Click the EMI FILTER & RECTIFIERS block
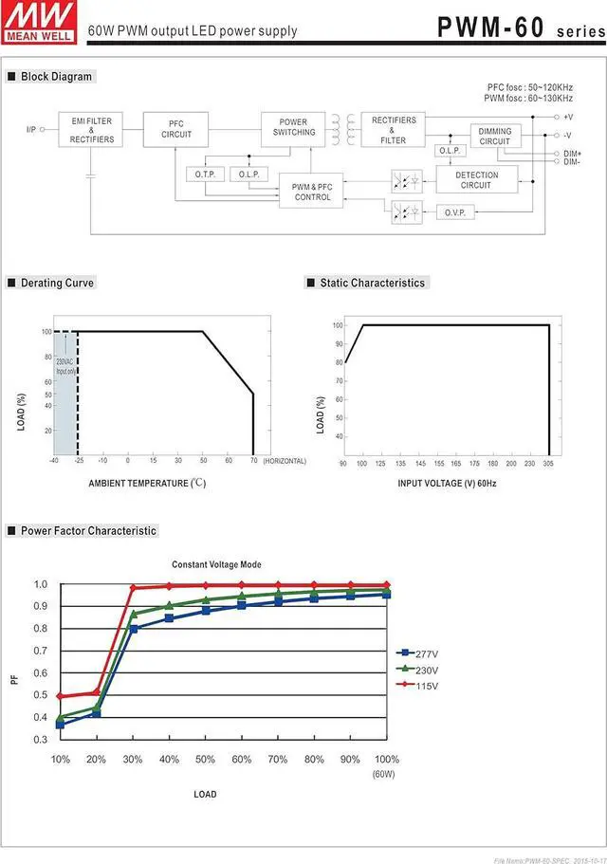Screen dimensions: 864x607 pyautogui.click(x=92, y=130)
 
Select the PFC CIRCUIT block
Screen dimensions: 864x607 pyautogui.click(x=176, y=129)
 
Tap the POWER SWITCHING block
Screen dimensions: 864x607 pyautogui.click(x=294, y=127)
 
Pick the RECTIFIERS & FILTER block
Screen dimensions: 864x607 pyautogui.click(x=394, y=131)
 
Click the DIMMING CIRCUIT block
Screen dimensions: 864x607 pyautogui.click(x=495, y=137)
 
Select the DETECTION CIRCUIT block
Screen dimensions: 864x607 pyautogui.click(x=476, y=180)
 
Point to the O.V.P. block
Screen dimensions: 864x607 pyautogui.click(x=454, y=212)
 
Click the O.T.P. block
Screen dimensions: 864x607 pyautogui.click(x=206, y=175)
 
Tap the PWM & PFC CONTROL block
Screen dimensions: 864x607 pyautogui.click(x=312, y=192)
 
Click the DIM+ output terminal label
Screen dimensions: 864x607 pyautogui.click(x=572, y=154)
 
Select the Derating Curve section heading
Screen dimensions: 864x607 pyautogui.click(x=58, y=283)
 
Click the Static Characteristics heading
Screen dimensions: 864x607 pyautogui.click(x=372, y=283)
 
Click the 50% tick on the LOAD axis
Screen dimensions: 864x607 pyautogui.click(x=205, y=760)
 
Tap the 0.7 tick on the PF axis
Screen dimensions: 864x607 pyautogui.click(x=40, y=651)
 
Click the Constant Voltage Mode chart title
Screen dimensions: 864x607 pyautogui.click(x=216, y=564)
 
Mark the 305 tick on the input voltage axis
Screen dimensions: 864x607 pyautogui.click(x=549, y=464)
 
